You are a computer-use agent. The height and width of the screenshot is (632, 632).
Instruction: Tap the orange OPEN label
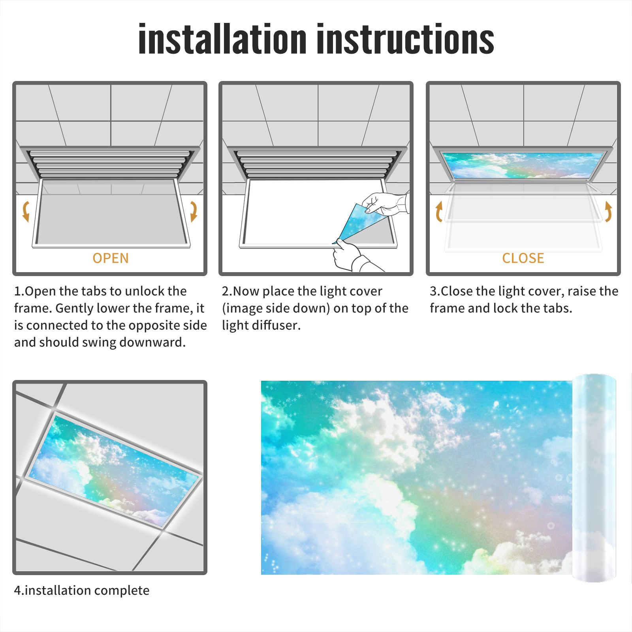111,258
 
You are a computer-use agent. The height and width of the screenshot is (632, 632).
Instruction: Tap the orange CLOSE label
523,258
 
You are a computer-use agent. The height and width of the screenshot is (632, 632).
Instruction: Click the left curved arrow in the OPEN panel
26,211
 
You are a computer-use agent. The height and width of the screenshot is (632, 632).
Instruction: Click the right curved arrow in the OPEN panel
194,211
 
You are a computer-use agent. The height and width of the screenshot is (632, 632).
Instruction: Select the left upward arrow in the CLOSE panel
439,211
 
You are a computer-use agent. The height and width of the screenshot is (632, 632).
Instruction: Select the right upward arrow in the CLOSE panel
608,211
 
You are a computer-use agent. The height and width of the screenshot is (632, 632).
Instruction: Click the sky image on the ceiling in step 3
523,165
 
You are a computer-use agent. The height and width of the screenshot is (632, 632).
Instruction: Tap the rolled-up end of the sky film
594,478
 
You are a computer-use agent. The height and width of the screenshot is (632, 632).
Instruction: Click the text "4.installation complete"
82,591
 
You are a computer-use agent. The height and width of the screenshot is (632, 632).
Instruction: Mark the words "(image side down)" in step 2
276,308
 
